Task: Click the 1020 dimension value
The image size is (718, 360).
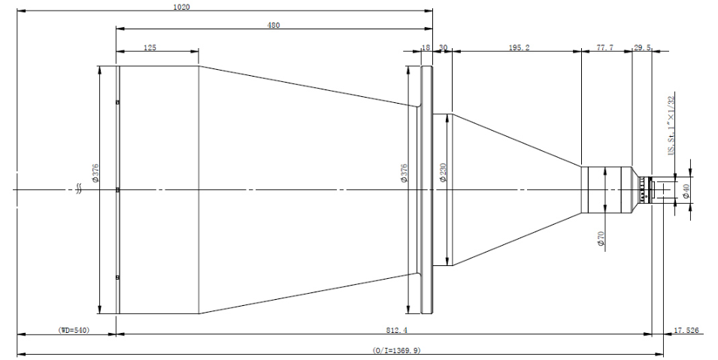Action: point(181,7)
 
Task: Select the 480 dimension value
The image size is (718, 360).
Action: point(273,26)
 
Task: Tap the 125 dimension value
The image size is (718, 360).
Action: point(150,47)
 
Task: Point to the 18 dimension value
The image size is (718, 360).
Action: point(426,47)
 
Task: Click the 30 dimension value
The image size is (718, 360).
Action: point(444,47)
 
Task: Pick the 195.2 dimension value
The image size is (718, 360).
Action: point(520,47)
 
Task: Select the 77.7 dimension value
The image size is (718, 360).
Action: point(605,47)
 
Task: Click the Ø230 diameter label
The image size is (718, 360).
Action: point(443,173)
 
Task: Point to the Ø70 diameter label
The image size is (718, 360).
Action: point(601,239)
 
